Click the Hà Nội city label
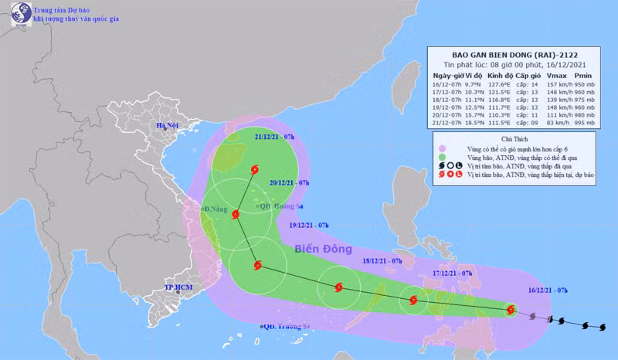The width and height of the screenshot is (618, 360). pos(168,125)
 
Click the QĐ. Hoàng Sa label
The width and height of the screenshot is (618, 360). pos(277,206)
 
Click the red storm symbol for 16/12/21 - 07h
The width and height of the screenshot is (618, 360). pos(511,310)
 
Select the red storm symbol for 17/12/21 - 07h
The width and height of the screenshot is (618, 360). pos(413,301)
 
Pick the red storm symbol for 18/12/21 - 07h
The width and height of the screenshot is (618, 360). pos(338,288)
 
